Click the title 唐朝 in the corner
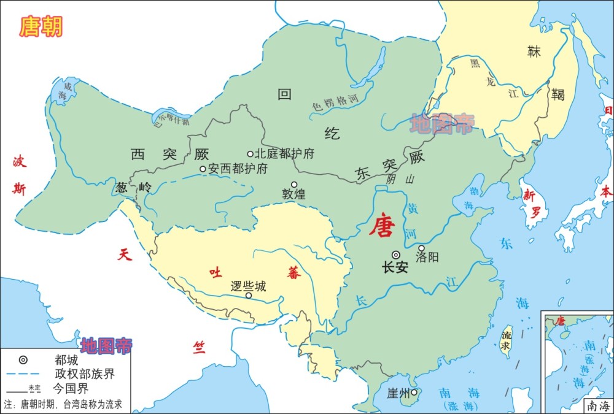pos(41,26)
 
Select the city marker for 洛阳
pos(421,248)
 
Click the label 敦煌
pos(293,194)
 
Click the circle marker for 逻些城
pos(249,296)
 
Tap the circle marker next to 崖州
pos(414,393)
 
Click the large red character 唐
pos(381,227)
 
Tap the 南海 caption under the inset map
pos(597,406)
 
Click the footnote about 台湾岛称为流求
pos(63,404)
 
